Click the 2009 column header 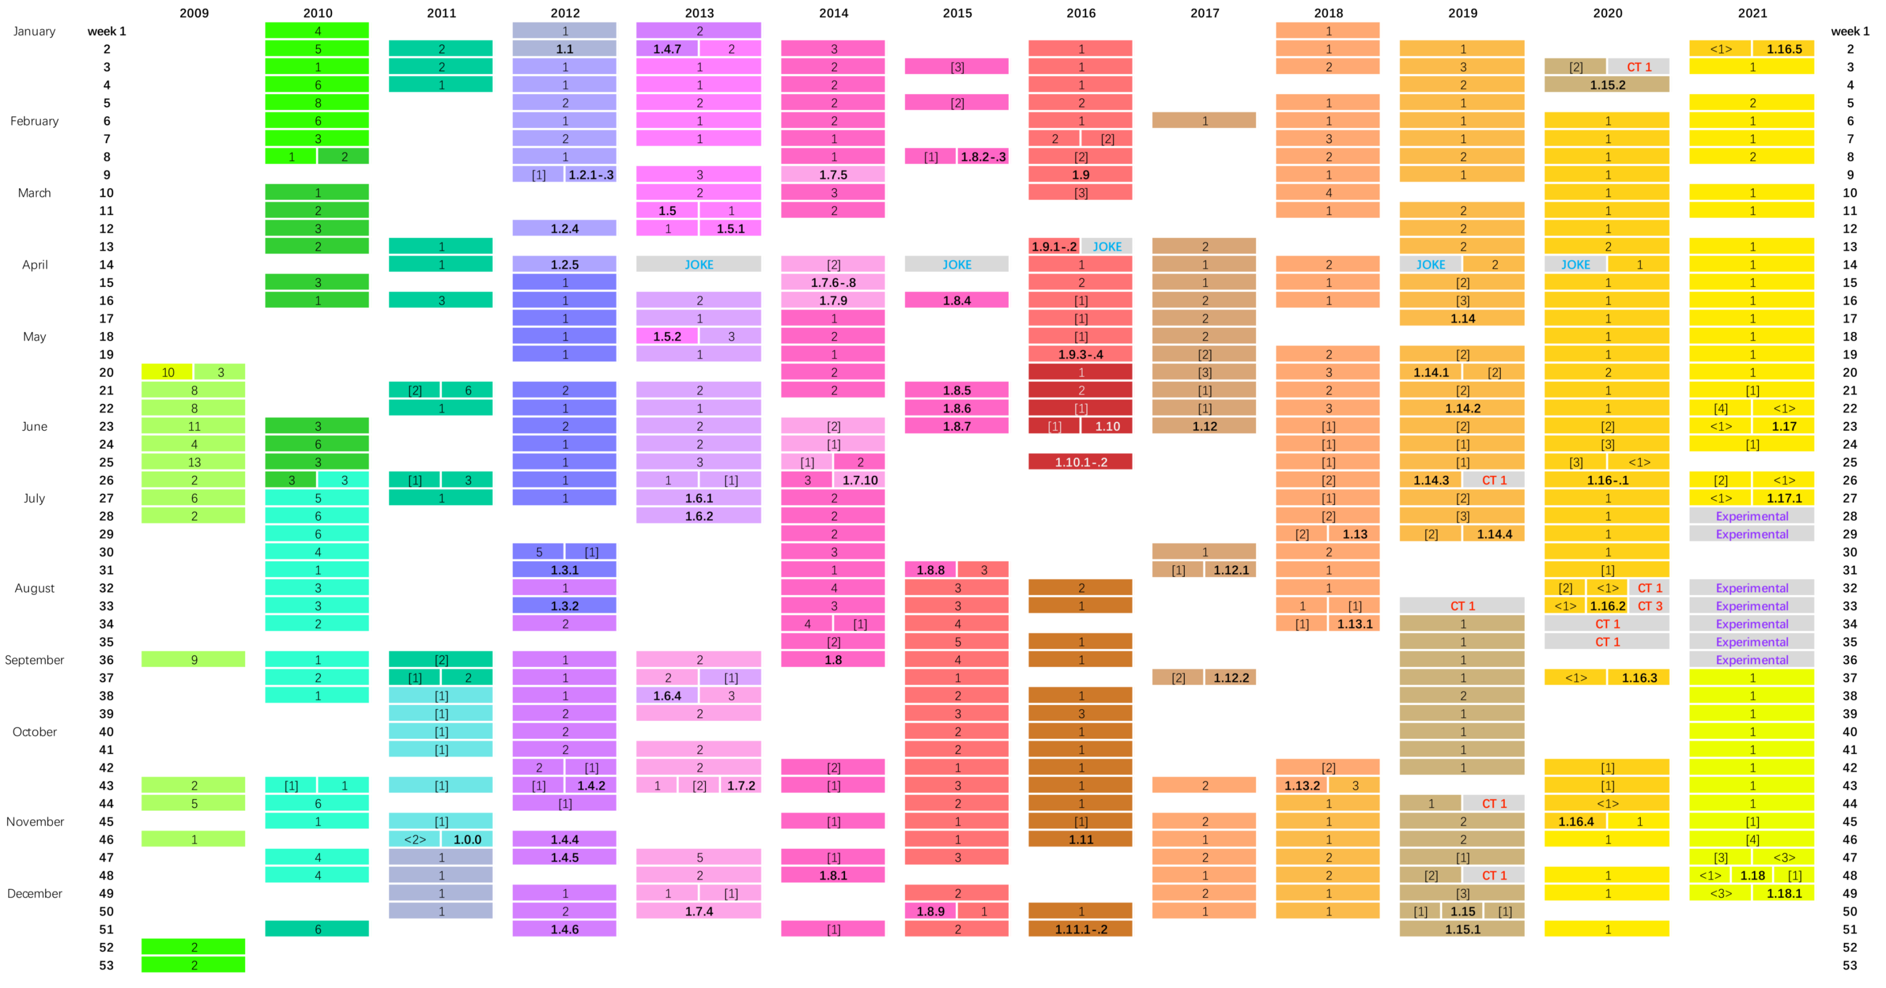(x=194, y=13)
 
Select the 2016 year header (x=1081, y=13)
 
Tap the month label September (x=34, y=660)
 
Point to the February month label (x=34, y=121)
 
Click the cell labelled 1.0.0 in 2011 (x=467, y=840)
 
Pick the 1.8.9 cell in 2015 (x=931, y=911)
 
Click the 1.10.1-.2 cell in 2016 (x=1081, y=462)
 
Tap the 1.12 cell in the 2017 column (x=1204, y=426)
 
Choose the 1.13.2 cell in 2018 (x=1302, y=785)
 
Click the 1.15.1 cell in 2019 (x=1462, y=930)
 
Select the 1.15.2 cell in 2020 (x=1607, y=85)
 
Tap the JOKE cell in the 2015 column (x=957, y=264)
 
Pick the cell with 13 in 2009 (x=194, y=462)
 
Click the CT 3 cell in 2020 (x=1649, y=606)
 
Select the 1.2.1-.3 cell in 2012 (x=591, y=175)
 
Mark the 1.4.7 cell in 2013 (x=667, y=49)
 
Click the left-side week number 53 (x=107, y=965)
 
